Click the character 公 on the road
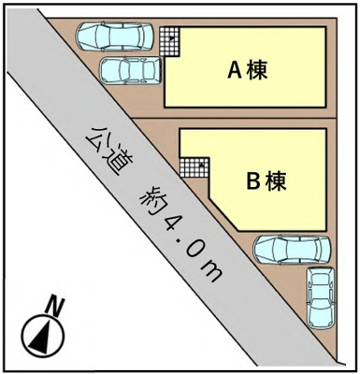94,136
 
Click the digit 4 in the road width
174,223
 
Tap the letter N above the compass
56,304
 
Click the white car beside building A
129,70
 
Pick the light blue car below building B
293,250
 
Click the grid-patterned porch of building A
168,40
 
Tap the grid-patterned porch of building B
194,167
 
